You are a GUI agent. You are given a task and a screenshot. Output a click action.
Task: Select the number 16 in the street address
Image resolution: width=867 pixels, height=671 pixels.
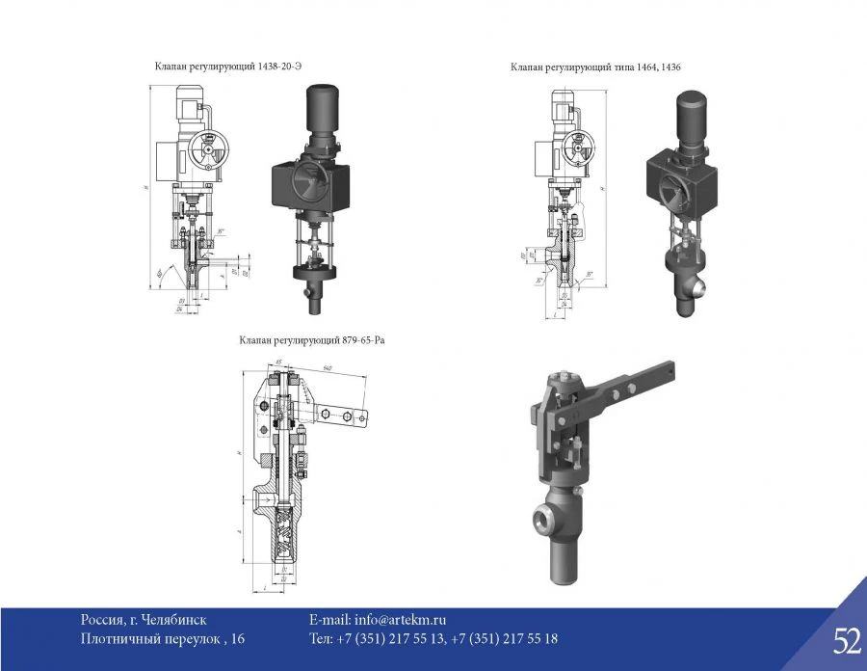tap(238, 638)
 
